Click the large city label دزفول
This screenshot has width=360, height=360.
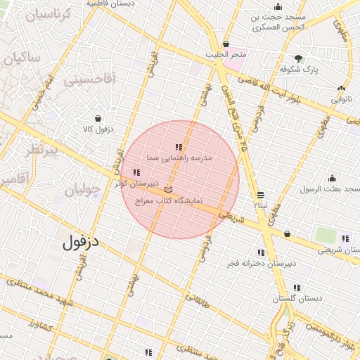(x=81, y=243)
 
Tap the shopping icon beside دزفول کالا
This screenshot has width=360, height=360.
(x=98, y=118)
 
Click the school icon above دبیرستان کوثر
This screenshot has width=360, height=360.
(x=136, y=172)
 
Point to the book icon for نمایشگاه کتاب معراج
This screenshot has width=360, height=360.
(x=167, y=190)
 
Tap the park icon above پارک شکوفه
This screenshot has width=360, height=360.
(x=299, y=58)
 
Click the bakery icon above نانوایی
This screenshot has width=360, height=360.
(x=341, y=88)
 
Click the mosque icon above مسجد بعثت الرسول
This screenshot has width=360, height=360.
(x=331, y=178)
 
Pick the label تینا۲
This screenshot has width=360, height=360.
(x=261, y=205)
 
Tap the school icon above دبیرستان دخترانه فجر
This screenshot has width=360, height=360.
(x=261, y=252)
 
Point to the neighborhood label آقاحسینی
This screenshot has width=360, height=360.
(x=89, y=81)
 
